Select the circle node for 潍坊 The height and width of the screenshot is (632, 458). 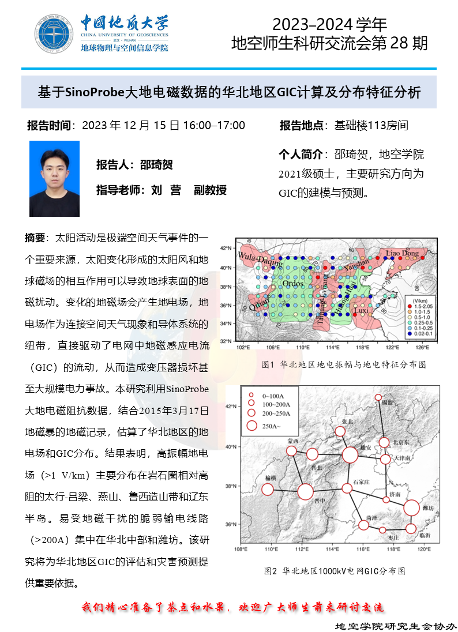pyautogui.click(x=411, y=508)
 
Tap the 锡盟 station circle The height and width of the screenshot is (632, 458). pyautogui.click(x=378, y=397)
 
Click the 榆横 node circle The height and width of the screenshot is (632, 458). pyautogui.click(x=268, y=490)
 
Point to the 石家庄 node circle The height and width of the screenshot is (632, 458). pyautogui.click(x=347, y=488)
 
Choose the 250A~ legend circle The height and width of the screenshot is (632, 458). pyautogui.click(x=251, y=426)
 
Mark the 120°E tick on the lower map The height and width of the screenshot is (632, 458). pyautogui.click(x=424, y=549)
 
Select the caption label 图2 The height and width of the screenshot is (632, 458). pyautogui.click(x=271, y=571)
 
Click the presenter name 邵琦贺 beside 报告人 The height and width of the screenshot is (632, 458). pyautogui.click(x=156, y=165)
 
